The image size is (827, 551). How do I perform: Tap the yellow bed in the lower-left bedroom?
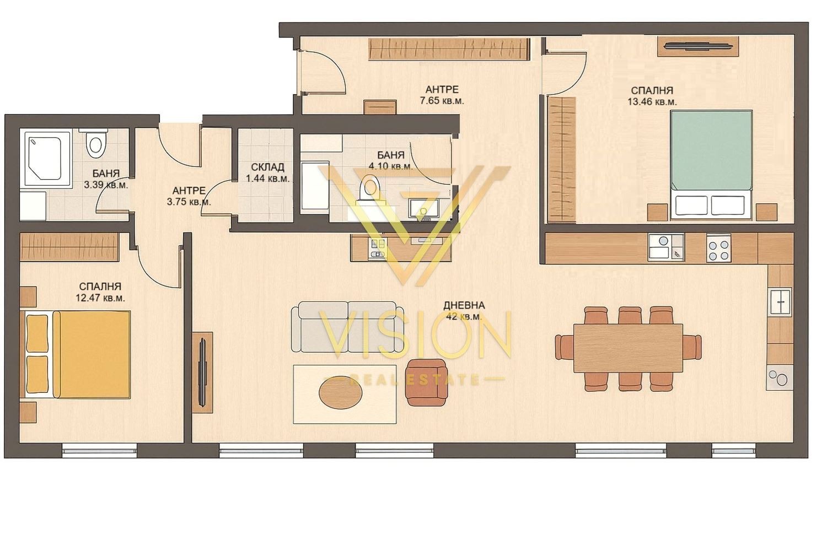[78, 355]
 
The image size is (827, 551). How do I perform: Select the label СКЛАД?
[267, 168]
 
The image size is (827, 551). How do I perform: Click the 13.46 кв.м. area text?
[652, 102]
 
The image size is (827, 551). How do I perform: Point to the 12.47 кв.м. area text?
[100, 298]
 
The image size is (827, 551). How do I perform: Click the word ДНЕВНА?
[464, 305]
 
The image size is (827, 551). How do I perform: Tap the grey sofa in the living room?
[347, 327]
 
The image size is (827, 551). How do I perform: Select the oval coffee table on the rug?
[340, 394]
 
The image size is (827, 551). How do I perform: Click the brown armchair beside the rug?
[427, 383]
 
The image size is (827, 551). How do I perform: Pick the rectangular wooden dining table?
[628, 348]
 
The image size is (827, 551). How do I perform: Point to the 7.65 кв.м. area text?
[442, 101]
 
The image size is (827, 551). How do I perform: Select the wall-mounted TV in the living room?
[202, 372]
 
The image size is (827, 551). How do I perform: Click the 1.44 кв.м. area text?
[268, 179]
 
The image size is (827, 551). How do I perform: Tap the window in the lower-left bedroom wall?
[99, 450]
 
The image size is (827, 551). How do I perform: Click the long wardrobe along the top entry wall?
[449, 49]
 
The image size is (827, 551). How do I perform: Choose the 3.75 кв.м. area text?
[189, 202]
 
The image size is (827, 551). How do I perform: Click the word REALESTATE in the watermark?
[414, 379]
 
